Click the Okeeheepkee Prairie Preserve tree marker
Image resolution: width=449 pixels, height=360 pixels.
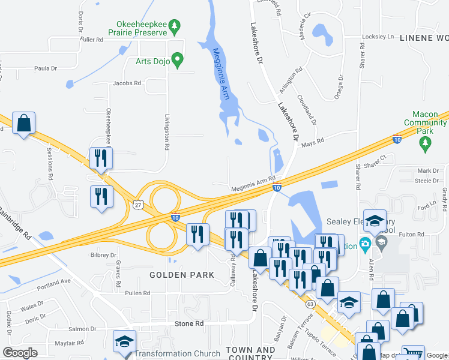175,26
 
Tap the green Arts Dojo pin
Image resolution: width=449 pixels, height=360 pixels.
176,59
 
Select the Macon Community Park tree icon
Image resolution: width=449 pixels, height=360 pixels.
426,142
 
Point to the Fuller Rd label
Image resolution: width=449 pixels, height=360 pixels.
91,40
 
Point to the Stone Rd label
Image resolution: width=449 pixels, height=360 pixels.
189,323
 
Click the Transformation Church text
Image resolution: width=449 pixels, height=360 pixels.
177,353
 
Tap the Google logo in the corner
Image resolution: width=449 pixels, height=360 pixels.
20,353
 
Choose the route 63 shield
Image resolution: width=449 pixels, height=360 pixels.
310,304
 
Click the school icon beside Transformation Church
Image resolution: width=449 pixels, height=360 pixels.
124,341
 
